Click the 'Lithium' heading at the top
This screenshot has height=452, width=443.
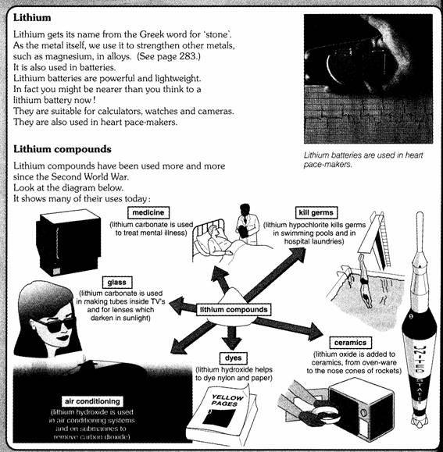[32, 18]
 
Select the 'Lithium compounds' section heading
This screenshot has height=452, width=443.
[63, 149]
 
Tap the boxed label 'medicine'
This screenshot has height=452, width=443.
[148, 213]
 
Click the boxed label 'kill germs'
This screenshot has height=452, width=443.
[316, 213]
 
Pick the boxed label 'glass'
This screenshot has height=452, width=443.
[117, 283]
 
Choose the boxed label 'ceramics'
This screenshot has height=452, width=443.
[351, 343]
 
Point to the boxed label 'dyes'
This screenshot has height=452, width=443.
[233, 358]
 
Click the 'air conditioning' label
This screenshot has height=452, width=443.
[92, 401]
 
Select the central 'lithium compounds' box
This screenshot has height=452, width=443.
[234, 310]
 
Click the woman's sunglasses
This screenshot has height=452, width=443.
[55, 324]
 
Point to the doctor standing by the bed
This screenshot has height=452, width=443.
[246, 225]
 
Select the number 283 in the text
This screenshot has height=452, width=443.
[188, 56]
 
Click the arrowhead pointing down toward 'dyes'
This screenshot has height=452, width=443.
[233, 343]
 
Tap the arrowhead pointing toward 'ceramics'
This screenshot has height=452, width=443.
[315, 332]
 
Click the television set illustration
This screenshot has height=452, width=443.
[68, 242]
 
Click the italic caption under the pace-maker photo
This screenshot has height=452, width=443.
[363, 160]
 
